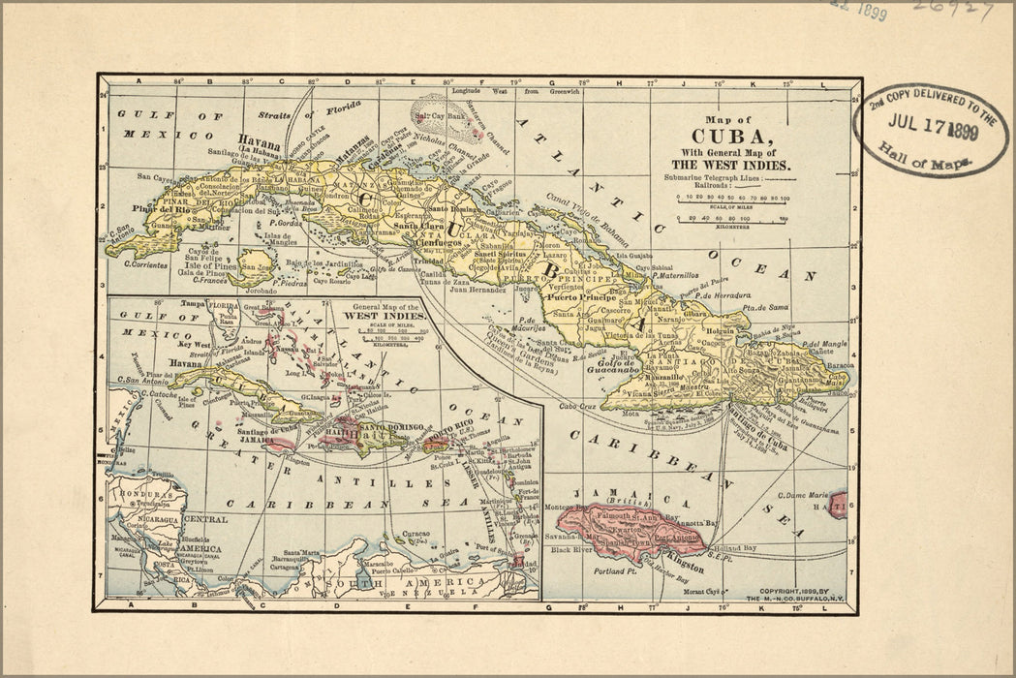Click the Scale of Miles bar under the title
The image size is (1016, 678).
click(733, 198)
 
